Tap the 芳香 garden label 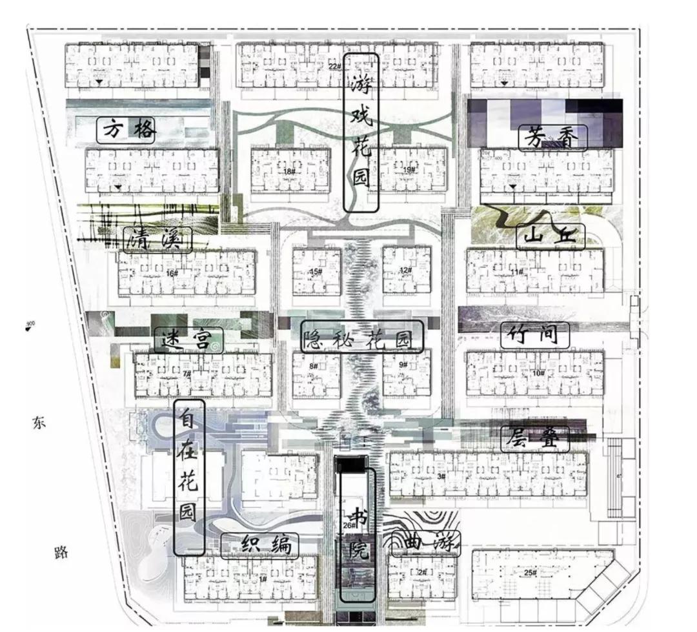point(553,138)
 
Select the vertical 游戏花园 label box point(360,133)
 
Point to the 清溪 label point(158,241)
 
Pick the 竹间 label point(536,336)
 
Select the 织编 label point(260,546)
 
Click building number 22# point(334,66)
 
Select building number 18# point(288,171)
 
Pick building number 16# point(172,273)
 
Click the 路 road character point(61,553)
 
